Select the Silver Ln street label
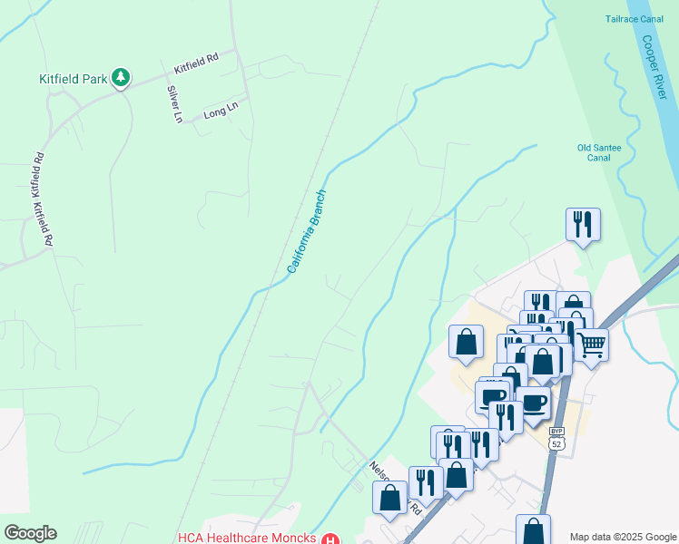pos(173,103)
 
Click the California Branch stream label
pos(307,231)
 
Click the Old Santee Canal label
pos(594,151)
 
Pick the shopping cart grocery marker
pos(591,345)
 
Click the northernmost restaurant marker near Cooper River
pos(582,224)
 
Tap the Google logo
pos(30,533)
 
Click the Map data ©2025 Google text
pos(622,537)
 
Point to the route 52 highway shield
pos(556,443)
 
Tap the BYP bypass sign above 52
pos(556,432)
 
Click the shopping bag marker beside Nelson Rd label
pos(389,497)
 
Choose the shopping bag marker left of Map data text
pos(533,529)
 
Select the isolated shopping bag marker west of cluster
pos(466,342)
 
